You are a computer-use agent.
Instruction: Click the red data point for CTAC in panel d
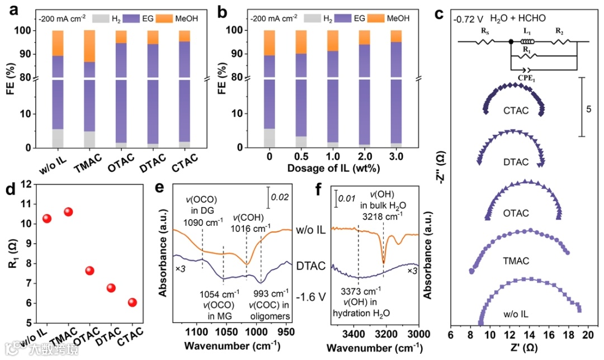tap(133, 302)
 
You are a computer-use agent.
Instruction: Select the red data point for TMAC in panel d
tap(68, 212)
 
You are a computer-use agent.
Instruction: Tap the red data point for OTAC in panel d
tap(89, 271)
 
